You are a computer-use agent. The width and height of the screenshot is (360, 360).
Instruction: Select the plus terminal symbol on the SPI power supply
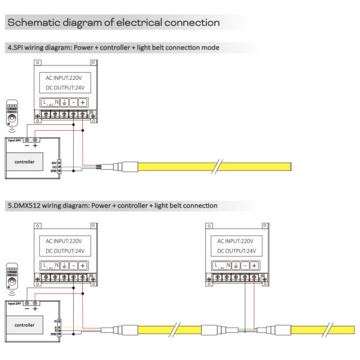click(x=82, y=102)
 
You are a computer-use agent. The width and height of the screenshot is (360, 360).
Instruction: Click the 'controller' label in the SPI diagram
click(x=24, y=161)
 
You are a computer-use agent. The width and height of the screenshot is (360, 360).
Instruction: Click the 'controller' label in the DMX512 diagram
click(x=24, y=321)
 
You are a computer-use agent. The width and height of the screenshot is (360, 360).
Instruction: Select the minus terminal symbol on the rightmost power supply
click(x=246, y=265)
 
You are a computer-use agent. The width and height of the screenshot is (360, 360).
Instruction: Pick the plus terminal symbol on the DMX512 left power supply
click(x=82, y=265)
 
